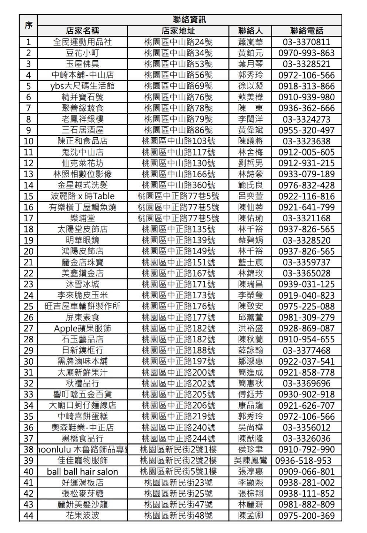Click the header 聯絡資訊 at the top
(x=189, y=20)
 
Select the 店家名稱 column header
(x=82, y=31)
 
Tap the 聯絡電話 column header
(x=306, y=31)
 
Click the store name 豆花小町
(x=82, y=53)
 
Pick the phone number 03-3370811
(x=306, y=42)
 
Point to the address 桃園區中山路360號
(x=178, y=185)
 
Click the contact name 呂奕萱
(x=250, y=196)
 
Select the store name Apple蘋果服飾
(x=82, y=328)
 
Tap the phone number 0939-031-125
(x=306, y=284)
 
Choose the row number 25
(x=29, y=306)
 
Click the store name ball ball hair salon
(x=82, y=472)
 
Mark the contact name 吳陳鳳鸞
(x=250, y=460)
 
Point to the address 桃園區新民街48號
(x=178, y=516)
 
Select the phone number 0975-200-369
(x=306, y=516)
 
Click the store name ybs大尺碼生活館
(x=82, y=86)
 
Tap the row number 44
(x=29, y=516)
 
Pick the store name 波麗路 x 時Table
(x=82, y=196)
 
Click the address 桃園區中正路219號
(x=178, y=416)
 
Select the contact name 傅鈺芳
(x=250, y=394)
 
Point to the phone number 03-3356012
(x=306, y=428)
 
